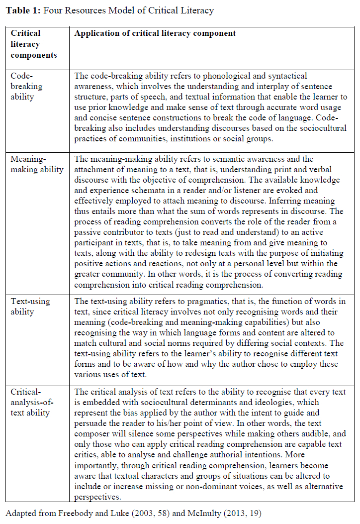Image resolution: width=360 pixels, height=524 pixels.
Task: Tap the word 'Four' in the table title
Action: pyautogui.click(x=53, y=10)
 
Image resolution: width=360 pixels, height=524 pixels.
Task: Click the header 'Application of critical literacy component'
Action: pyautogui.click(x=155, y=33)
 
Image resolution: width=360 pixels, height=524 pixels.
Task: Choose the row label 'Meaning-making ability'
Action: pyautogui.click(x=37, y=164)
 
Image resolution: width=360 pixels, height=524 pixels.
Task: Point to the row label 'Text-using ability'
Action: pyautogui.click(x=30, y=307)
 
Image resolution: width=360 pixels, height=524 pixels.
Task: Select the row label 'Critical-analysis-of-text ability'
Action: pyautogui.click(x=32, y=402)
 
